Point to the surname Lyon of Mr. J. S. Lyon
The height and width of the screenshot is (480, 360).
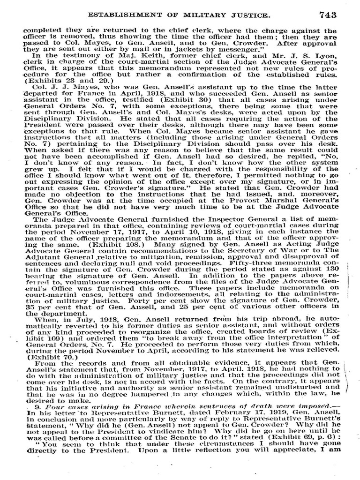329,55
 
